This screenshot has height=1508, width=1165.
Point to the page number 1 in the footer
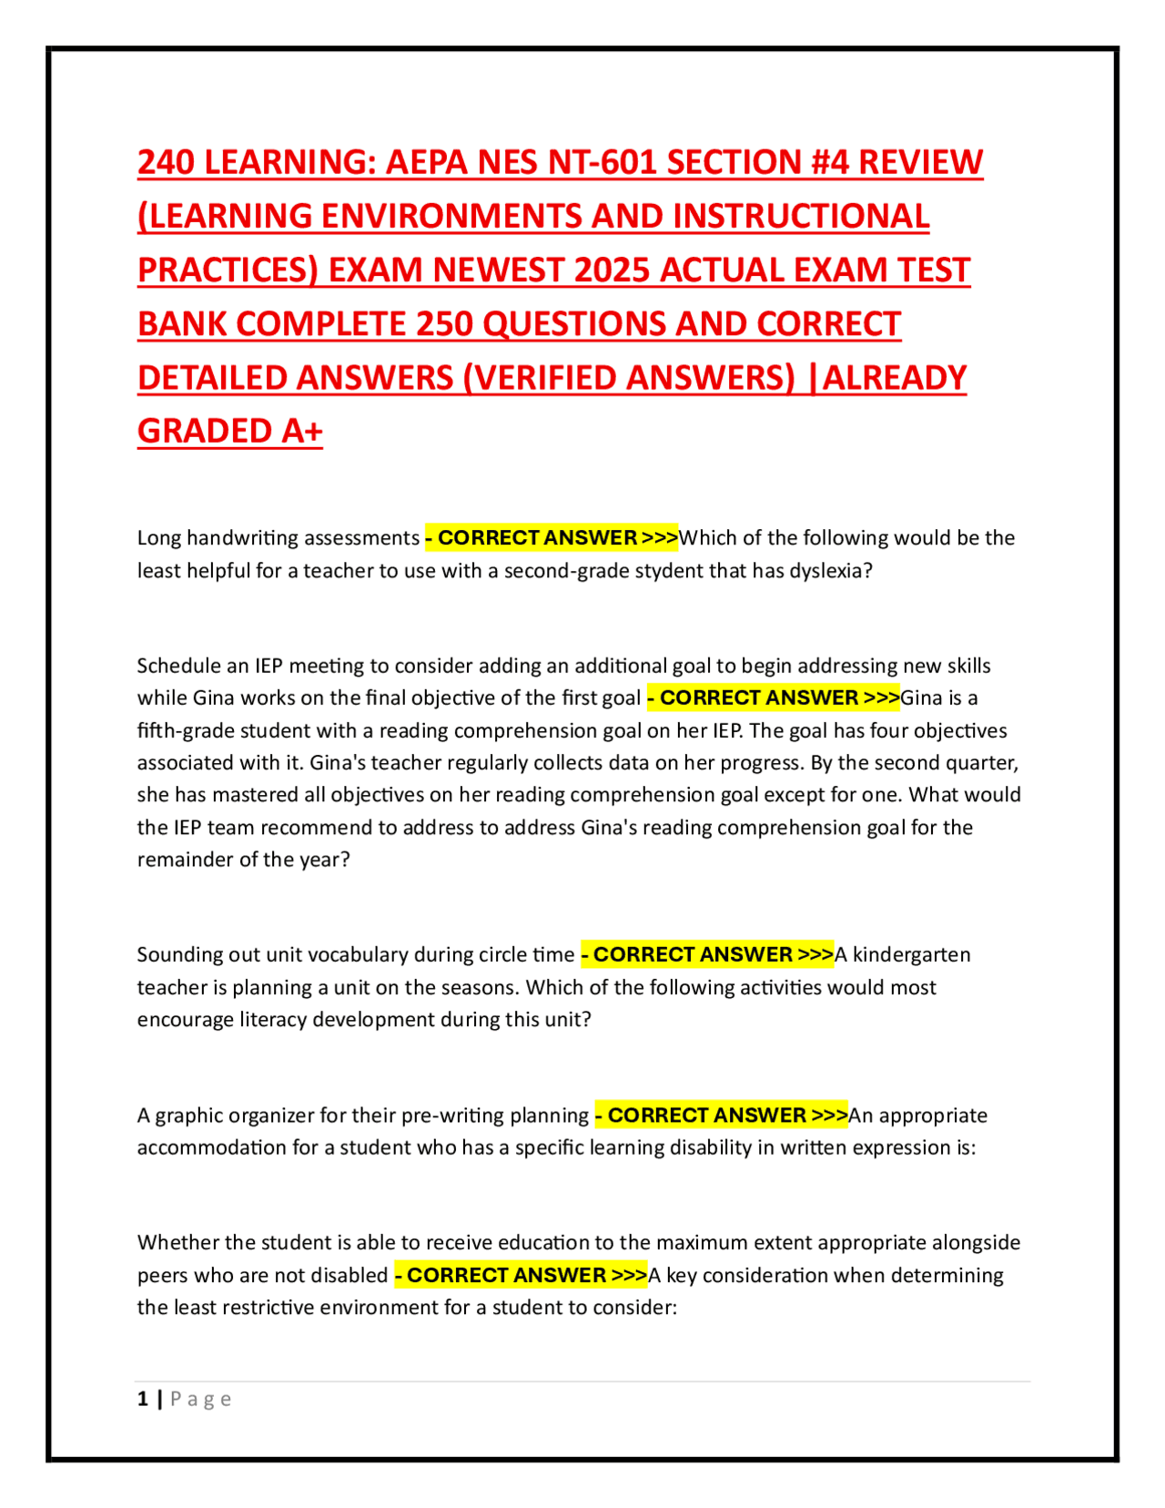pyautogui.click(x=143, y=1399)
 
